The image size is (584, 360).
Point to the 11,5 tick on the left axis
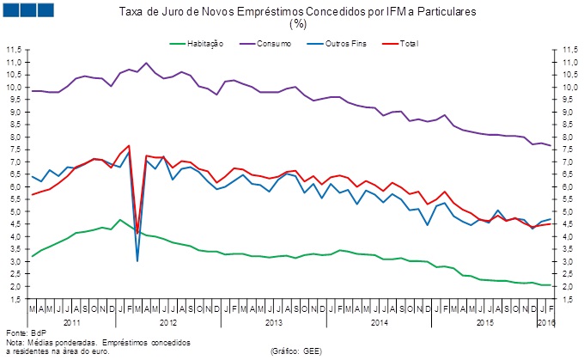point(14,51)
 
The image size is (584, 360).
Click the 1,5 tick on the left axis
point(14,299)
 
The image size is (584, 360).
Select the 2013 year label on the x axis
point(274,321)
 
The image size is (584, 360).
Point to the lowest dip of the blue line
point(137,259)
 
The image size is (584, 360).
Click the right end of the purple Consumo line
point(550,146)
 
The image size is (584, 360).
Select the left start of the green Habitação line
point(33,256)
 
